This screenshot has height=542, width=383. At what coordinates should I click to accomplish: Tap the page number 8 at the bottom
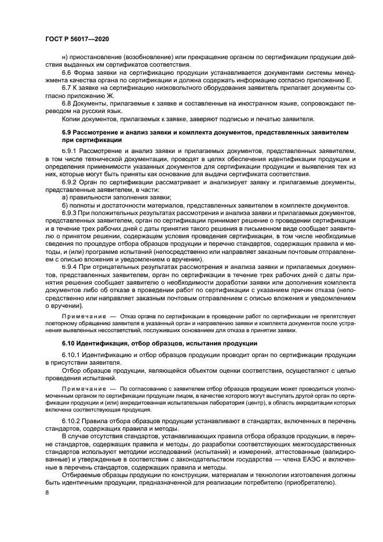tap(47, 492)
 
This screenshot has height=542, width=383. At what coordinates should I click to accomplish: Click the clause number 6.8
tap(67, 103)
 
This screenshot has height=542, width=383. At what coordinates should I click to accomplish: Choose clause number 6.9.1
tap(70, 150)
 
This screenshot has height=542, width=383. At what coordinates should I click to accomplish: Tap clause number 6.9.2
tap(70, 181)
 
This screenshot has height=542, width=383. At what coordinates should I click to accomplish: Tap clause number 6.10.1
tap(72, 354)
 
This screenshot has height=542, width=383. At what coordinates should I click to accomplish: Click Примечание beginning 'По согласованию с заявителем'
tap(83, 386)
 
